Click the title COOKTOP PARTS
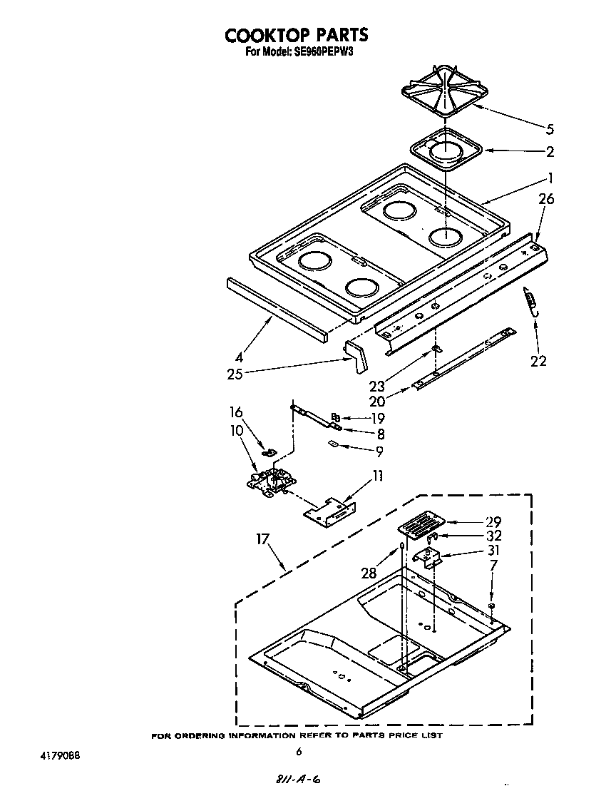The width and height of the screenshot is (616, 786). click(297, 35)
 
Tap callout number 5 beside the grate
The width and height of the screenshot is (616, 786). click(550, 129)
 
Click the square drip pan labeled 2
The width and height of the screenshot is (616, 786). click(446, 150)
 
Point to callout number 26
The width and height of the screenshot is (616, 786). click(545, 200)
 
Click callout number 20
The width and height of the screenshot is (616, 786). click(377, 401)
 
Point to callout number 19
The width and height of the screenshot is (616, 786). click(377, 418)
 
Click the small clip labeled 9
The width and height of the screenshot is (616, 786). click(332, 444)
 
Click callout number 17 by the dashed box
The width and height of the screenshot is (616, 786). click(263, 539)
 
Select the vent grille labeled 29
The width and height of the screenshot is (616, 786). click(419, 527)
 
